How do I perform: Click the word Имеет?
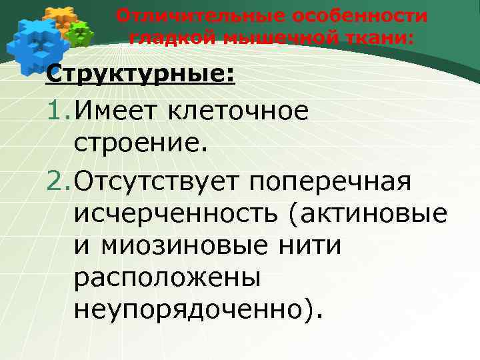click(115, 111)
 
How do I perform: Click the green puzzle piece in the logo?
click(81, 33)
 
